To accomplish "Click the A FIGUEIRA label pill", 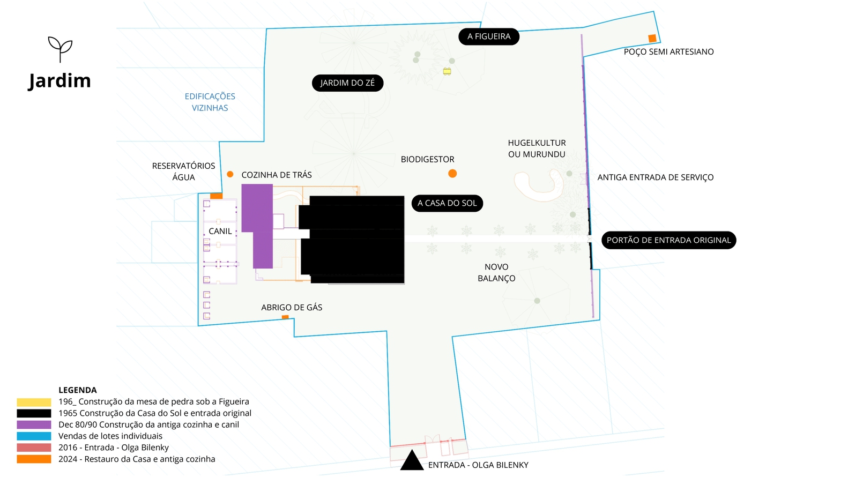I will pos(489,36).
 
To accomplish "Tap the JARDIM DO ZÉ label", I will pos(347,83).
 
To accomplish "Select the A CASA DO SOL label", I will pos(447,203).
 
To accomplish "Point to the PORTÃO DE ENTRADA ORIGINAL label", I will pos(668,240).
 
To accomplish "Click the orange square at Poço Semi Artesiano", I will pos(652,39).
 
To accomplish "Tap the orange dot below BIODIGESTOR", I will pos(452,174).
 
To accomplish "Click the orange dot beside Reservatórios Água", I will pos(230,174).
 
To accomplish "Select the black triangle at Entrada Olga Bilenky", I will pos(412,461).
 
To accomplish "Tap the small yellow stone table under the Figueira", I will pos(447,71).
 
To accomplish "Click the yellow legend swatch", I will pos(34,402).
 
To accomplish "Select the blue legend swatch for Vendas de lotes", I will pos(34,436).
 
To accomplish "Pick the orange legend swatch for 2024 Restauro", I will pos(34,459).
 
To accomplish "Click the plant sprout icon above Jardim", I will pos(60,49).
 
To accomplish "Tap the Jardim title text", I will pos(59,81).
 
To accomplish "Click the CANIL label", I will pos(220,232).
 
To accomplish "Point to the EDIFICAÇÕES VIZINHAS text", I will pos(210,102).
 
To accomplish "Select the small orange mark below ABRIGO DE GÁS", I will pos(285,317).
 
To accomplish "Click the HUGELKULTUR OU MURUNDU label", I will pos(537,148).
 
